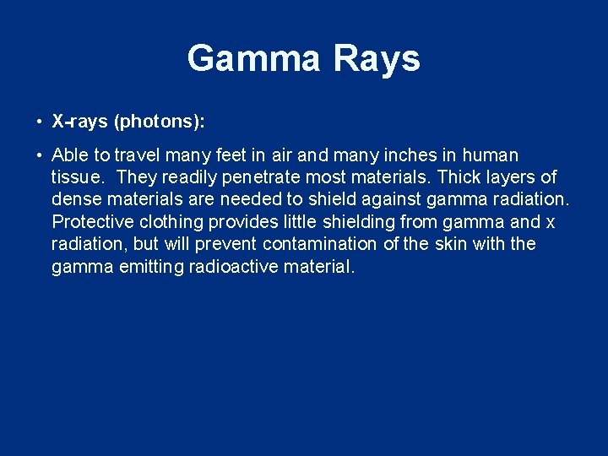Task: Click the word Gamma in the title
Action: tap(254, 59)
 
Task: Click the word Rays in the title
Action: tap(377, 59)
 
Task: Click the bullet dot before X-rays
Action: tap(40, 122)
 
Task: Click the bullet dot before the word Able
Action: tap(40, 156)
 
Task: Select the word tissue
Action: tap(78, 177)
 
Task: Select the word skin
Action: tap(449, 244)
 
